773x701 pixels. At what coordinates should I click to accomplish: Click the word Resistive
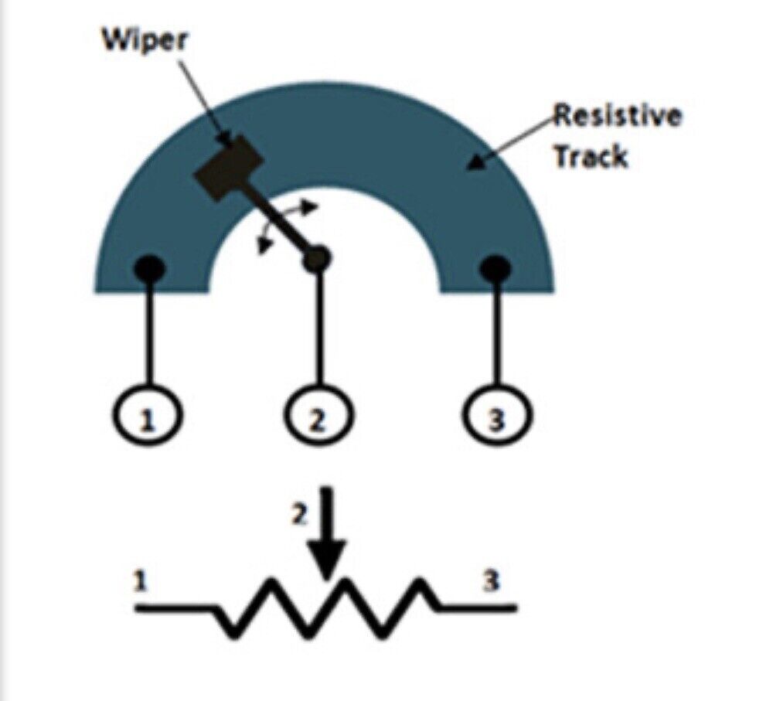618,117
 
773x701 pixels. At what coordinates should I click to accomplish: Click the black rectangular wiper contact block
228,167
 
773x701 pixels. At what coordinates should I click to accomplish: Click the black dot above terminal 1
149,269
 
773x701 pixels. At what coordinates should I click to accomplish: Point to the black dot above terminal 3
495,269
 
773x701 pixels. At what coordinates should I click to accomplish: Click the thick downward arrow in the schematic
329,533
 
